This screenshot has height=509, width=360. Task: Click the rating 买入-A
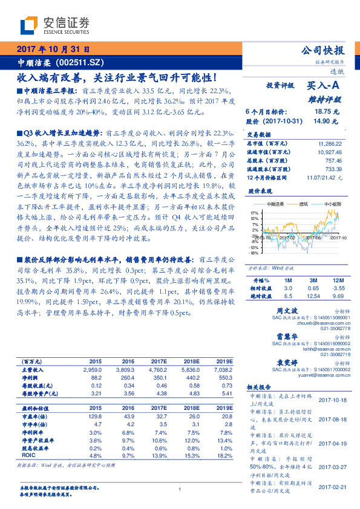(326, 87)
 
